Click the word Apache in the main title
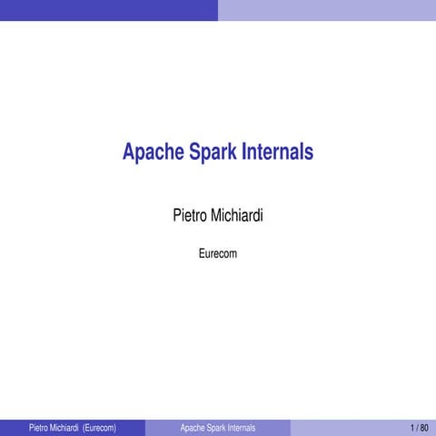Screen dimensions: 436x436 pyautogui.click(x=153, y=153)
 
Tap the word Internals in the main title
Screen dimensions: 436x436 pyautogui.click(x=277, y=153)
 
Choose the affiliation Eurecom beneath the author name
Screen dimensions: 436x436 pyautogui.click(x=218, y=253)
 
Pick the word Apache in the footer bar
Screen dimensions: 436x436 pyautogui.click(x=193, y=427)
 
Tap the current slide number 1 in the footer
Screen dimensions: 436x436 pyautogui.click(x=412, y=427)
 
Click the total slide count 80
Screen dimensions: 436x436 pyautogui.click(x=424, y=427)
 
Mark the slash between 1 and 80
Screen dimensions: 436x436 pyautogui.click(x=418, y=427)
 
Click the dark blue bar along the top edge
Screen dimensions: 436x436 pyautogui.click(x=109, y=9)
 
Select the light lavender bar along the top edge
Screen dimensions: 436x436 pyautogui.click(x=327, y=9)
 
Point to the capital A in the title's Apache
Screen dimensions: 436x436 pyautogui.click(x=129, y=153)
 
